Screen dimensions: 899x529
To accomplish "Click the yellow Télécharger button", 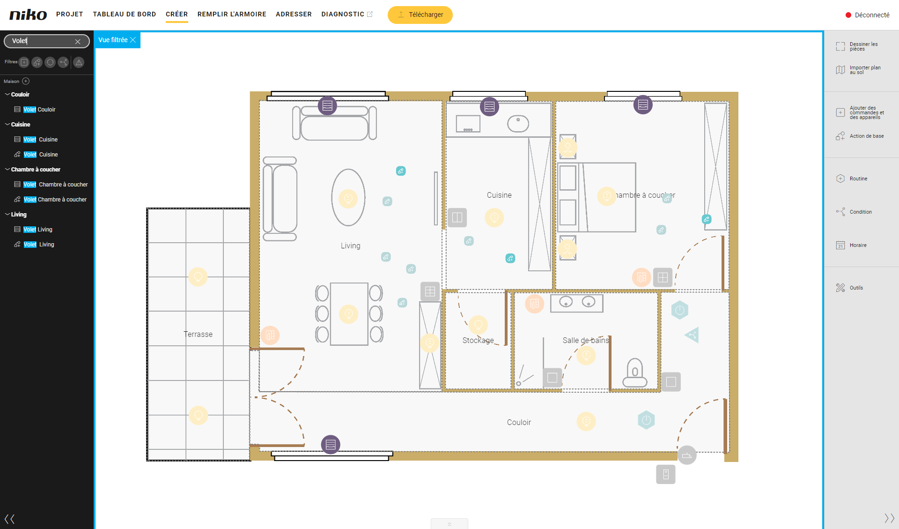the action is tap(420, 15).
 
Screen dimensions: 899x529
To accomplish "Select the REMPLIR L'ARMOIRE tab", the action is tap(232, 14).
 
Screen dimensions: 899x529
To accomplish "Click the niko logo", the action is tap(28, 15).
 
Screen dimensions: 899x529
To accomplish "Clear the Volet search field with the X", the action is tap(78, 41).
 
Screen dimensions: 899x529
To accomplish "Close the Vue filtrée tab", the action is tap(133, 40).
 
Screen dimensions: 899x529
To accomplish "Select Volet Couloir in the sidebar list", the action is tap(39, 110).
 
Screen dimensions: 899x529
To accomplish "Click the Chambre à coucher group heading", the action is tap(36, 170).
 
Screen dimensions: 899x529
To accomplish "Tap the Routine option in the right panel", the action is tap(858, 179).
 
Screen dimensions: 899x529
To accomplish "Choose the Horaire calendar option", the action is tap(858, 245).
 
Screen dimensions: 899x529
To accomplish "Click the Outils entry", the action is tap(856, 288).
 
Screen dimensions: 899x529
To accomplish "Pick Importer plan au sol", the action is tap(865, 70).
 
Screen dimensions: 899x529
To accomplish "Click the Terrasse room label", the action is tap(198, 334).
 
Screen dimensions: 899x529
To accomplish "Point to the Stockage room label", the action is tap(478, 340).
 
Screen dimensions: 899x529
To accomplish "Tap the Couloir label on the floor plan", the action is tap(519, 422).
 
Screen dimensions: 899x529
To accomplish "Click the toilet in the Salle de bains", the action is tap(635, 373).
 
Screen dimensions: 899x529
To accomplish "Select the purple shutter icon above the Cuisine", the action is tap(489, 107).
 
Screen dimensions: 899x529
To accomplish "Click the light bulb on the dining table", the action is tap(348, 314).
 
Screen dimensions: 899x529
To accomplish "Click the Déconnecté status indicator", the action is tap(867, 15).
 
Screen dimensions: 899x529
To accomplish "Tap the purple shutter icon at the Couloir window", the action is tap(331, 444).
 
